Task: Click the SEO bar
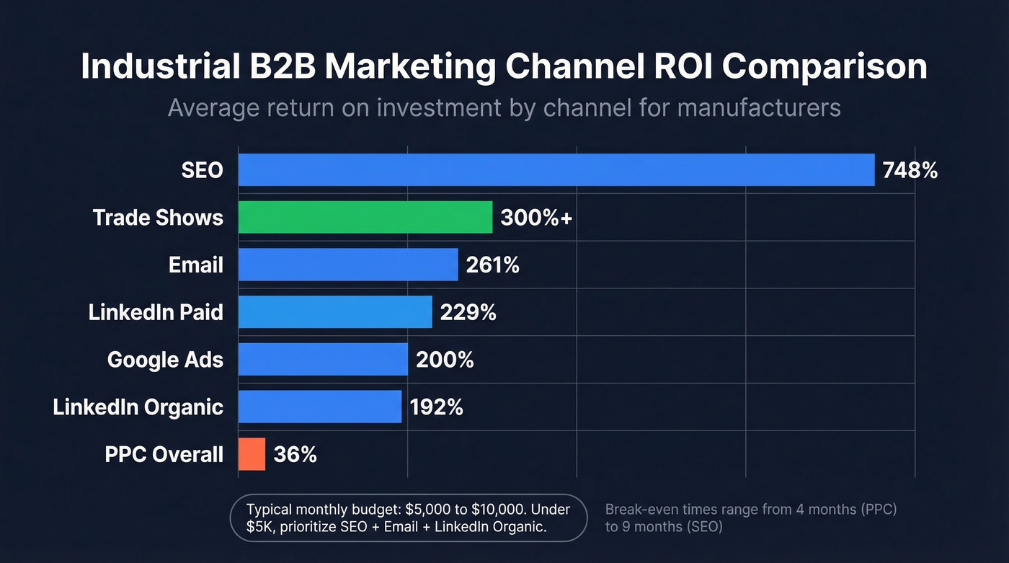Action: tap(556, 170)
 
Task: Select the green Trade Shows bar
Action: tap(365, 217)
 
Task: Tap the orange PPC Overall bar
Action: tap(252, 454)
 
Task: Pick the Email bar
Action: tap(347, 265)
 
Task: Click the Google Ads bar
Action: tap(322, 359)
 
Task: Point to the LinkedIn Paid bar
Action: tap(334, 312)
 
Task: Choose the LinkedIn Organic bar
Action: tap(319, 407)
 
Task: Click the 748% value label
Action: tap(910, 170)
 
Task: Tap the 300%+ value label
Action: tap(536, 218)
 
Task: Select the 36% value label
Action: tap(295, 454)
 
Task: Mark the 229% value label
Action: tap(468, 312)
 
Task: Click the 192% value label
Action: tap(436, 407)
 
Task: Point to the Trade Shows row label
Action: tap(158, 218)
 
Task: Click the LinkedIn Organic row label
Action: tap(138, 407)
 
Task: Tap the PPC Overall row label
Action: tap(164, 454)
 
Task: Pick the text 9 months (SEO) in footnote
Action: tap(664, 527)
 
